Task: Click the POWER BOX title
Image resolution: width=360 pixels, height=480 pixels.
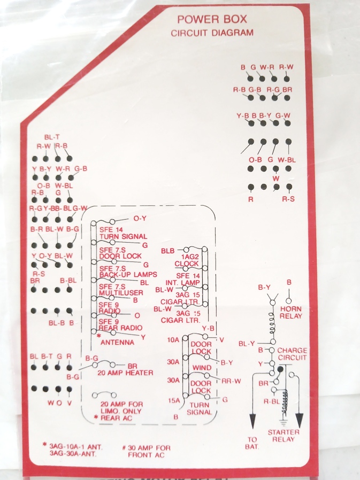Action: pos(212,20)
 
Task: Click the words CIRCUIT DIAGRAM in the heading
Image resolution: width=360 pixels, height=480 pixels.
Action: pos(212,33)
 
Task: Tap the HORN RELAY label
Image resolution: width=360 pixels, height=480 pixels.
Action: pos(290,312)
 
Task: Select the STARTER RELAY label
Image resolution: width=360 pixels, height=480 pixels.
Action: pos(283,436)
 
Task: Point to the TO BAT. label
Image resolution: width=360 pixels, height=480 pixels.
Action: pos(252,443)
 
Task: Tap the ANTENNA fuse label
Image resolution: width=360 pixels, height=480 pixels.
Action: pos(117,342)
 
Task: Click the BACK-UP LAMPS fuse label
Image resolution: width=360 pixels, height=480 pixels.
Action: pos(128,274)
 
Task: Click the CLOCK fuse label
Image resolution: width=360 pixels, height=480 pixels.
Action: pos(186,264)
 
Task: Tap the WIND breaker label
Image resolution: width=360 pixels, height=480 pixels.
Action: pos(201,368)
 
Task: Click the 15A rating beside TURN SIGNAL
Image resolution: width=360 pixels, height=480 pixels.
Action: pos(173,400)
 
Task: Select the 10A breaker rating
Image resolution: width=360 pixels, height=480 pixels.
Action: pos(173,340)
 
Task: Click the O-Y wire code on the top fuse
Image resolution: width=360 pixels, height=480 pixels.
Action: pos(141,219)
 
